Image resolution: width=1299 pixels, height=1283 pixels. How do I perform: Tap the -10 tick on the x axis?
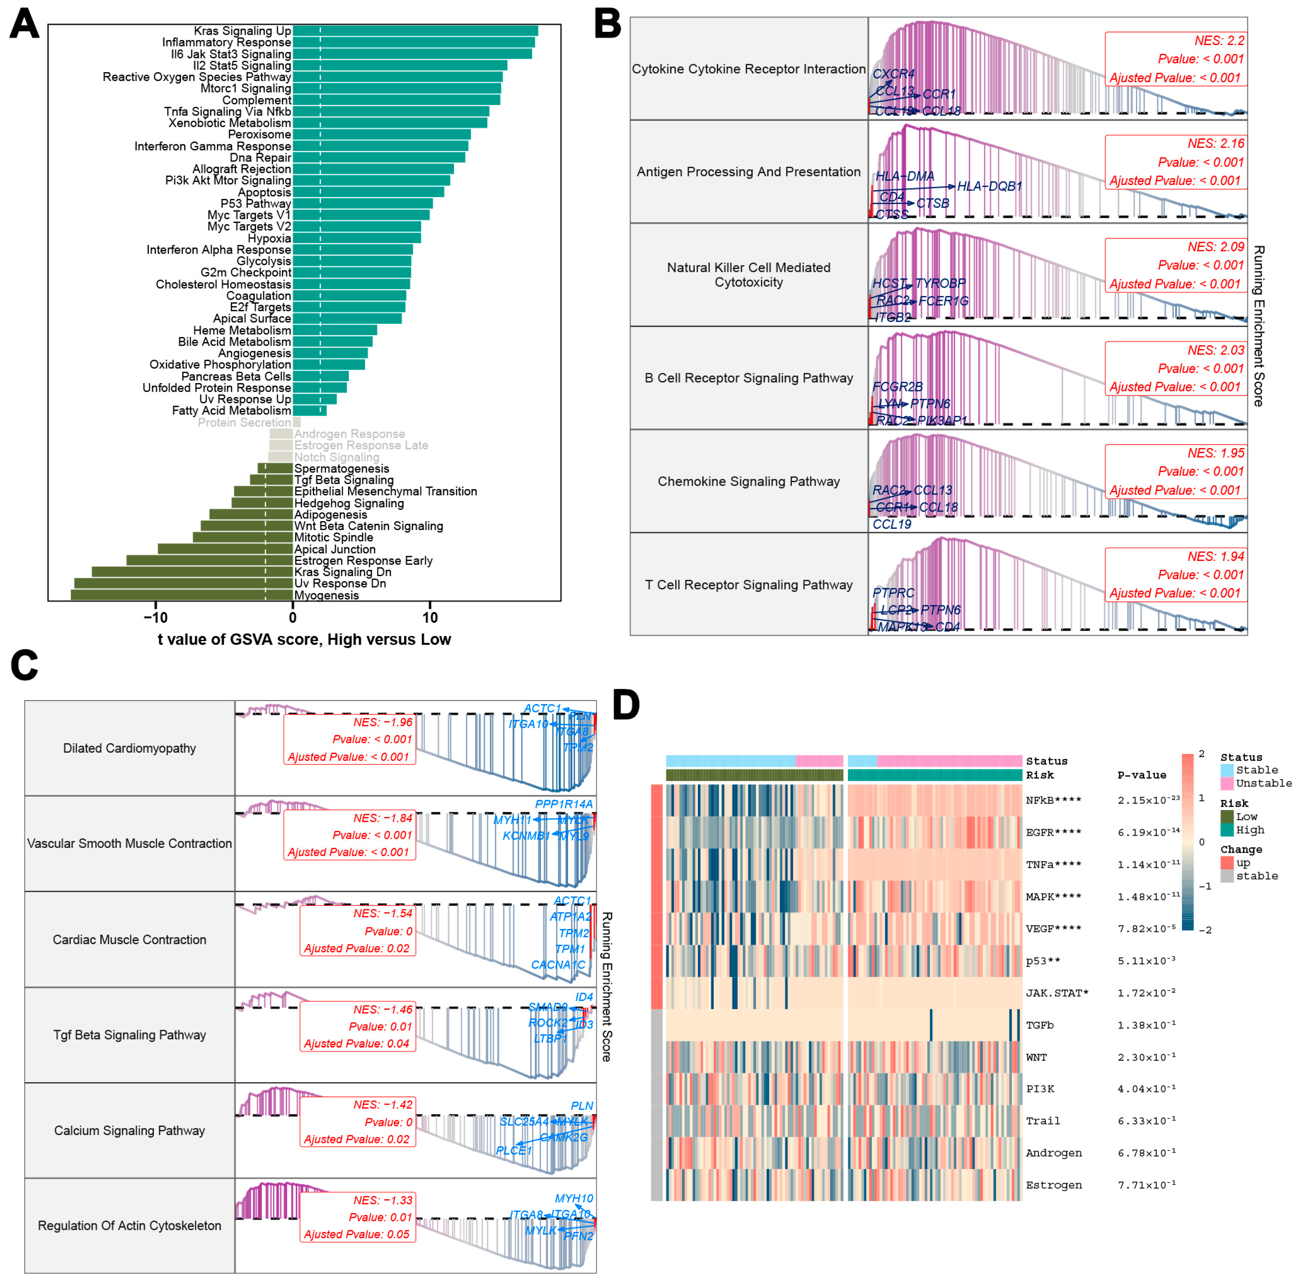(x=155, y=617)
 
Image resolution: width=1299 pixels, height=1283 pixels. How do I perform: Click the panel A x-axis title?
(x=304, y=639)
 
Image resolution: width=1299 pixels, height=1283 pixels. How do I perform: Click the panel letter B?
(x=607, y=24)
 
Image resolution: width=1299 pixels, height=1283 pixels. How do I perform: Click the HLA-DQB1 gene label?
(x=989, y=186)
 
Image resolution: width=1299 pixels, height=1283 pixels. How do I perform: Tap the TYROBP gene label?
(x=940, y=283)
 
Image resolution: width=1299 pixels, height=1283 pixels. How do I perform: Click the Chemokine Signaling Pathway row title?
(x=748, y=482)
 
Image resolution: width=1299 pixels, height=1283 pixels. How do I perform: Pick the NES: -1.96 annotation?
(x=383, y=722)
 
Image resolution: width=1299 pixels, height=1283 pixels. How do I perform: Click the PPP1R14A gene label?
(x=563, y=804)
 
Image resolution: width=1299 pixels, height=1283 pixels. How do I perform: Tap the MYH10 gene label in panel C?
(x=574, y=1198)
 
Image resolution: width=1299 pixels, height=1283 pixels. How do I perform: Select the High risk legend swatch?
(x=1227, y=830)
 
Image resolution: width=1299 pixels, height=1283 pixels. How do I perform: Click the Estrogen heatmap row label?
(x=1054, y=1185)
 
